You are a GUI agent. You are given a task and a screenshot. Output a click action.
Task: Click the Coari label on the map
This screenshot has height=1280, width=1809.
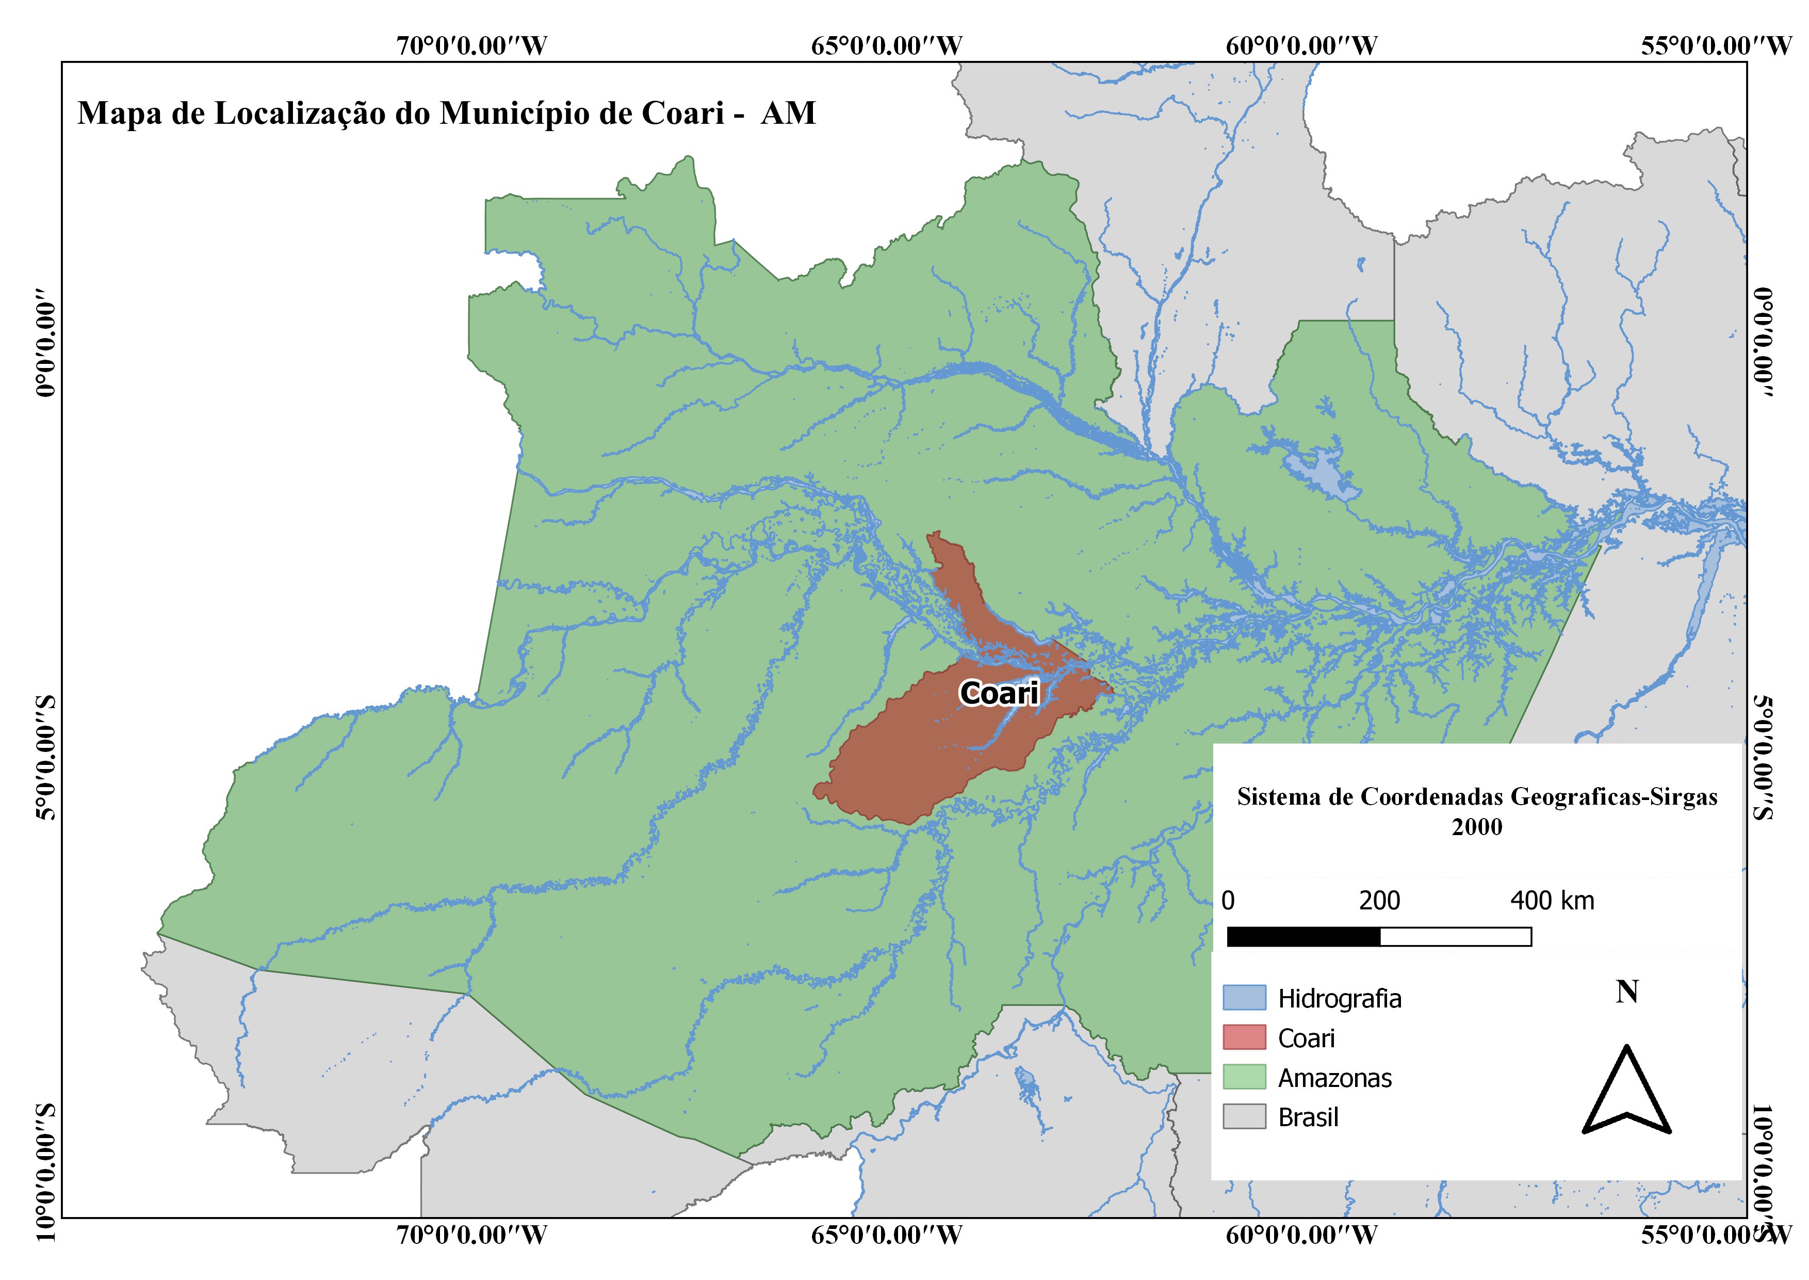click(999, 694)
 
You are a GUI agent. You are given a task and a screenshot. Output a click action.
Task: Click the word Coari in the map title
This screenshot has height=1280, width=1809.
click(682, 114)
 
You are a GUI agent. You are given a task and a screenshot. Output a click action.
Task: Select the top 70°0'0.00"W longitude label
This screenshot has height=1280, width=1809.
click(471, 46)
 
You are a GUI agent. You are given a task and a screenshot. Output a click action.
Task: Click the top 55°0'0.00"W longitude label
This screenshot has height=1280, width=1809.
click(1716, 46)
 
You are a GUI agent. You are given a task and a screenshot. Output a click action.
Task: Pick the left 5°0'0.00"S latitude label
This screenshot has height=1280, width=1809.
click(47, 758)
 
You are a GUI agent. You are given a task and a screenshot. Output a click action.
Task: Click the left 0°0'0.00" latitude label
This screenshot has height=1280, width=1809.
click(47, 347)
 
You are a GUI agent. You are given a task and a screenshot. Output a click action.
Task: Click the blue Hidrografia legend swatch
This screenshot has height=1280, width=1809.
click(1244, 998)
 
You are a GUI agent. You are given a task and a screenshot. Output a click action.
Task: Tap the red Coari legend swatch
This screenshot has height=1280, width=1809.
click(1244, 1037)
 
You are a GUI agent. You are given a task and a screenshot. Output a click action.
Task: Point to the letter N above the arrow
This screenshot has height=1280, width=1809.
click(1627, 991)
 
